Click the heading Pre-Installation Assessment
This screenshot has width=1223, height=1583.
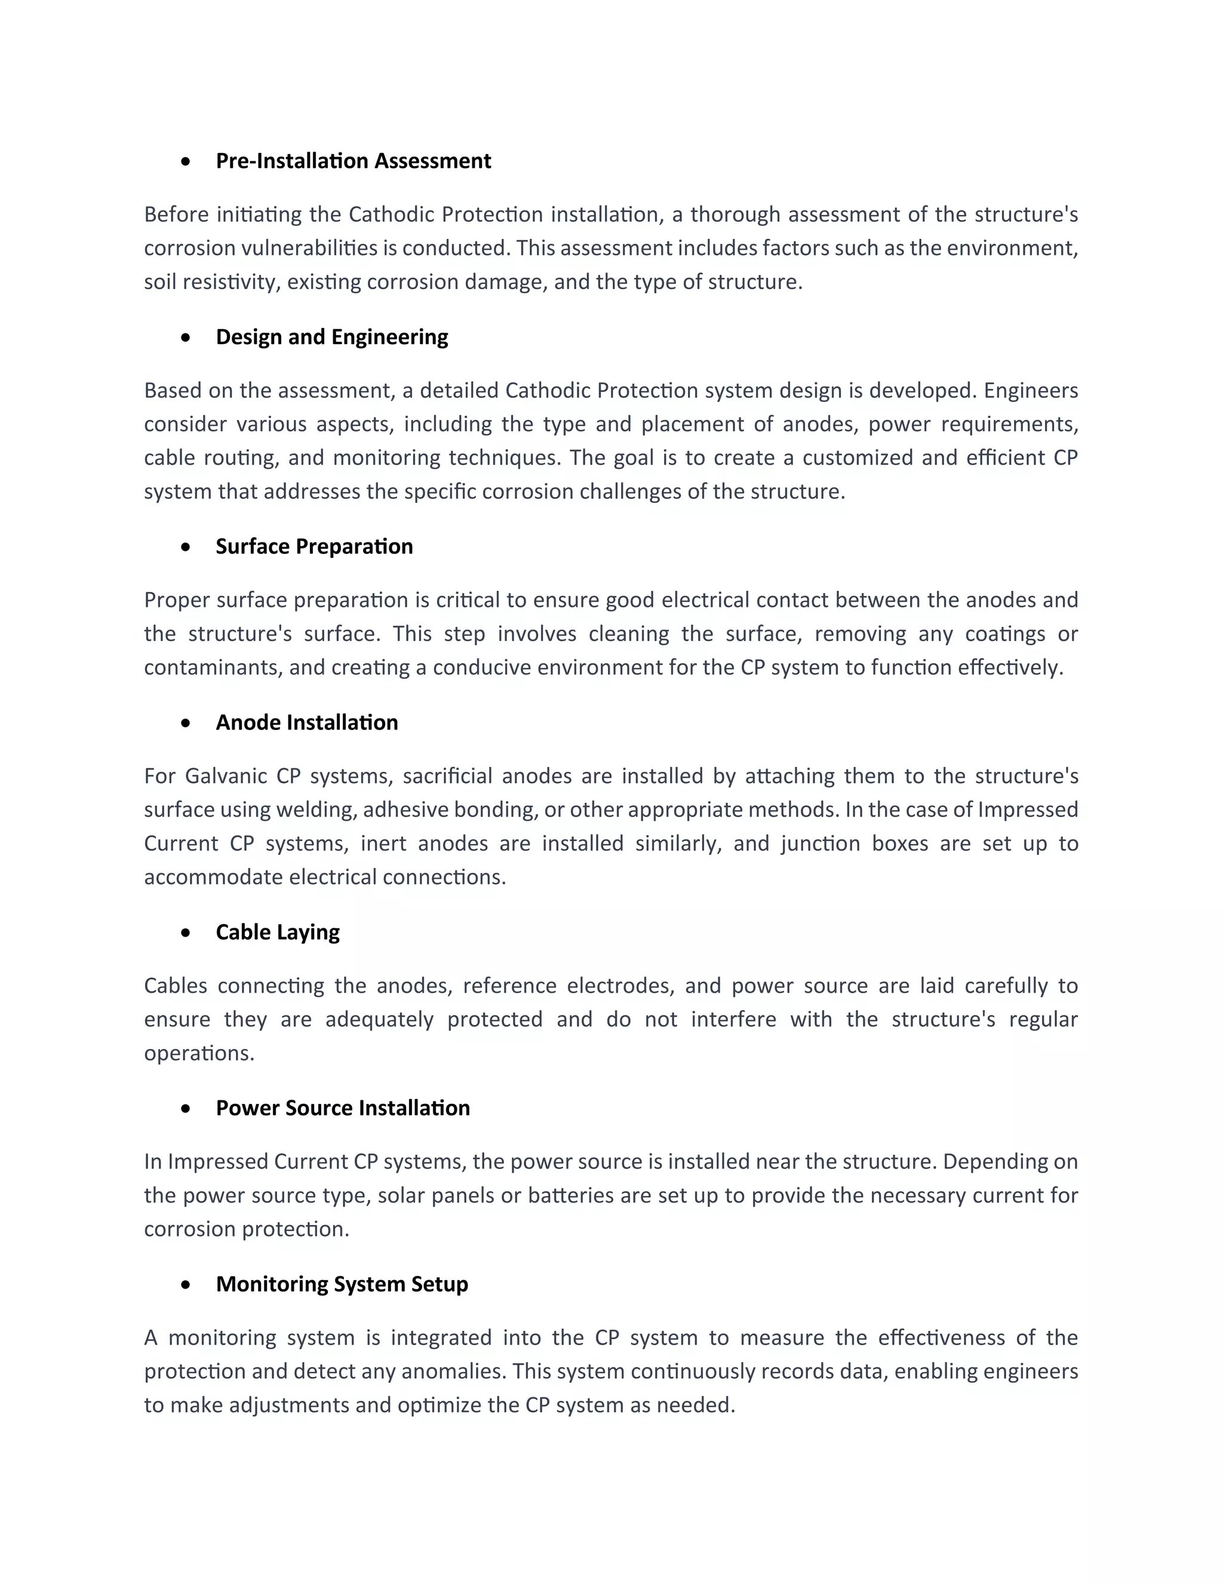click(353, 161)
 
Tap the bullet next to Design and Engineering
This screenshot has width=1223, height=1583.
click(186, 337)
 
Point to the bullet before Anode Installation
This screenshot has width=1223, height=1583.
click(186, 723)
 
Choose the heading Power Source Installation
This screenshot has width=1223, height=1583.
click(343, 1108)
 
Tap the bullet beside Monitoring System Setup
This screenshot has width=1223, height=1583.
click(186, 1284)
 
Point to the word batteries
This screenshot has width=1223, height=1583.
click(571, 1195)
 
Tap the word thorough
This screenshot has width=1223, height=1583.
click(734, 214)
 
